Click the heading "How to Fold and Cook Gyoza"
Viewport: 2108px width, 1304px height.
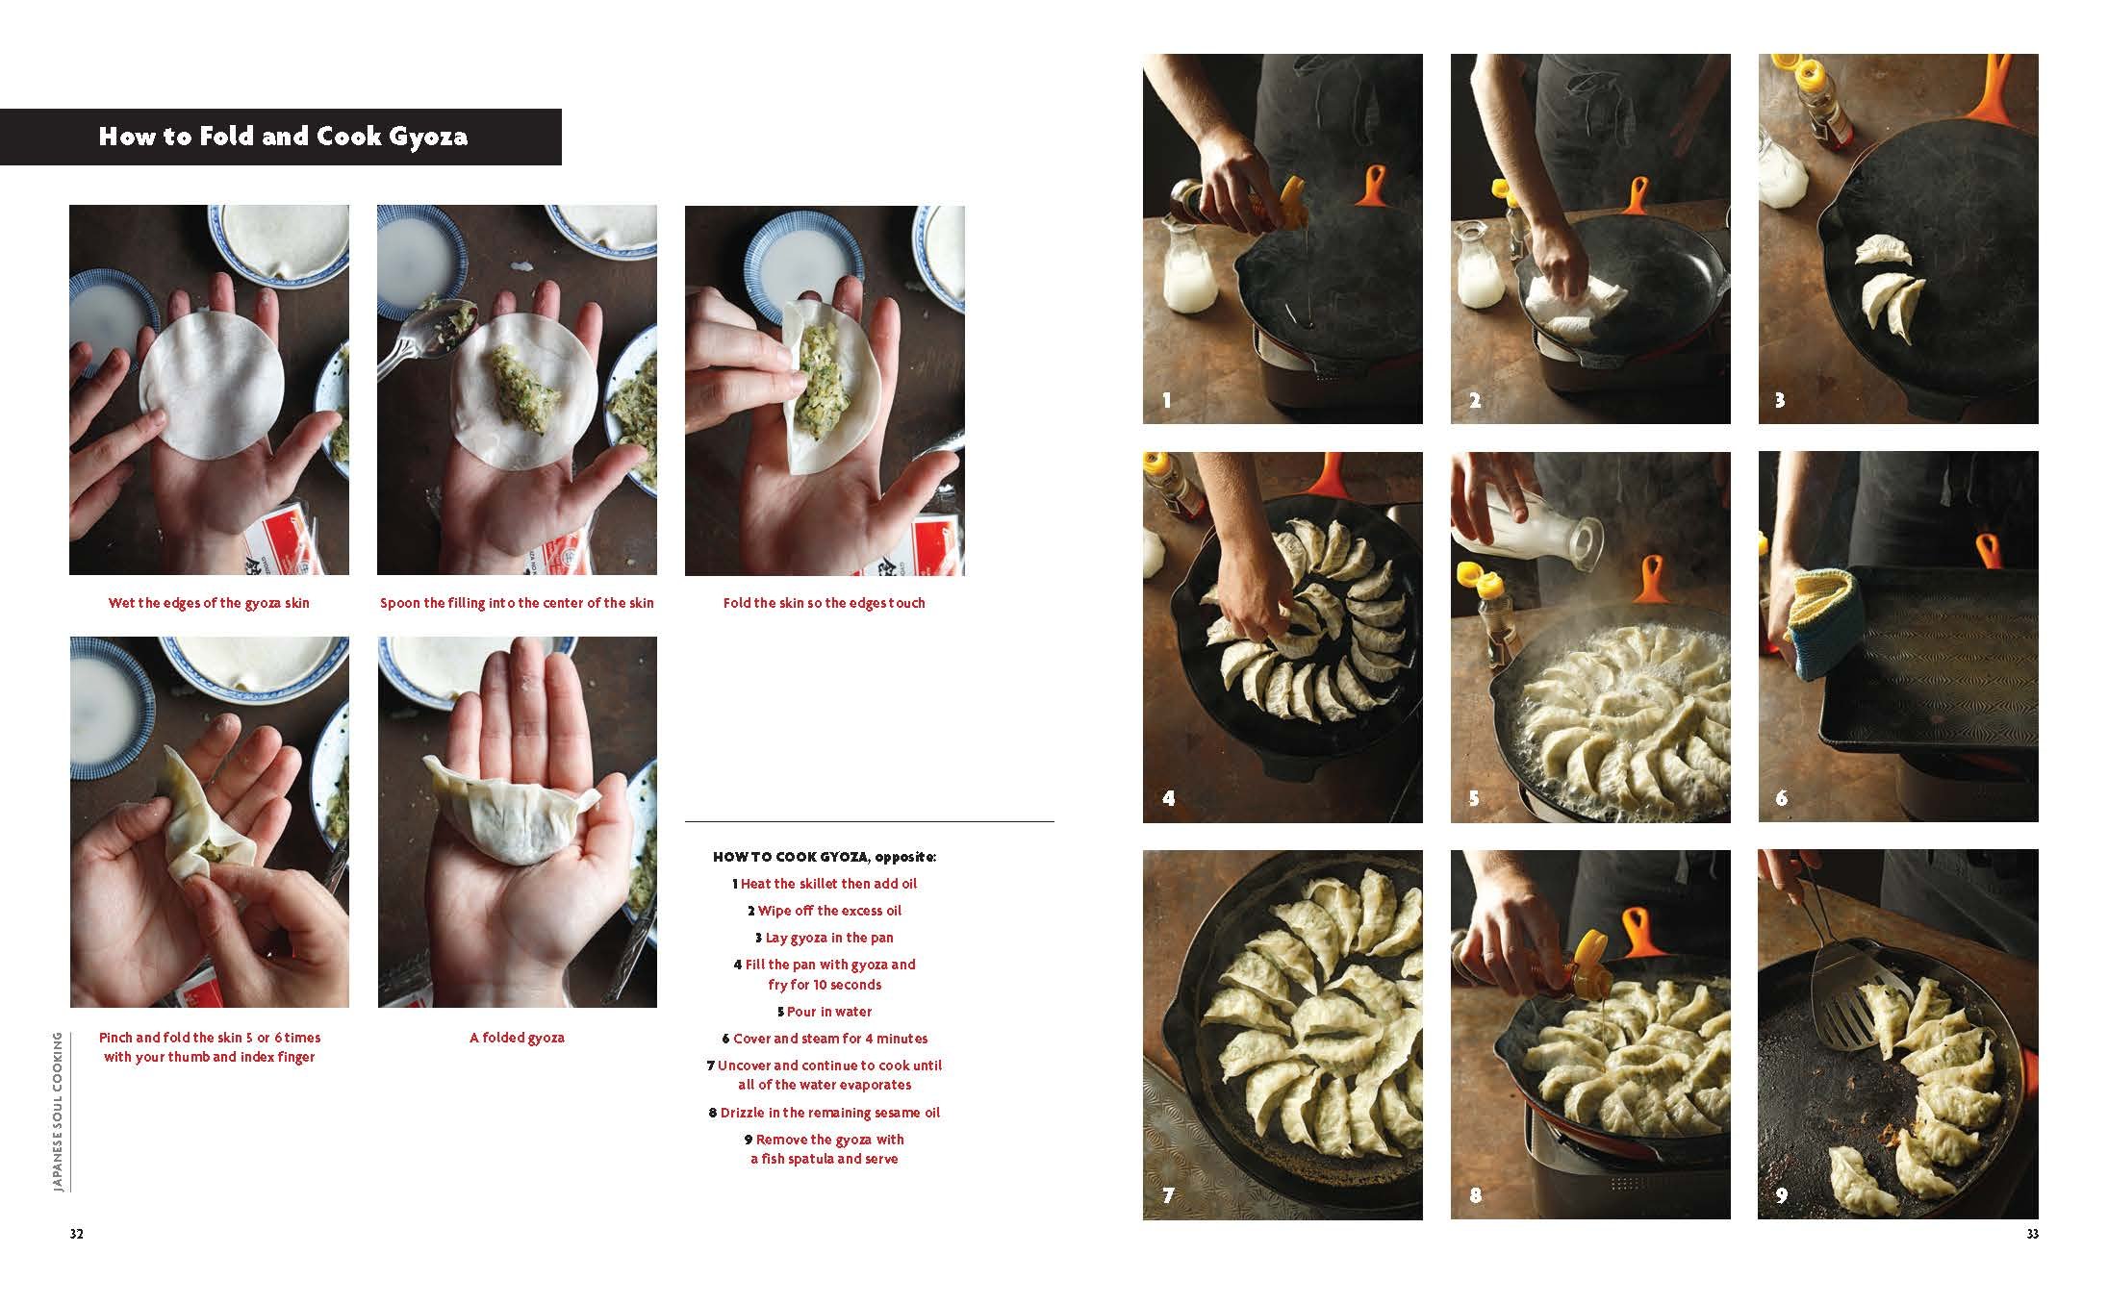click(x=283, y=137)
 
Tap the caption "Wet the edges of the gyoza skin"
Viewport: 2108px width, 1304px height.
click(x=209, y=603)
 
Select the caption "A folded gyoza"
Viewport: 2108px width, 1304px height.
click(x=517, y=1038)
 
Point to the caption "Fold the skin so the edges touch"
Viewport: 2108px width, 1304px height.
click(x=825, y=603)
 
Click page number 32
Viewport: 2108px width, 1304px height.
click(x=76, y=1234)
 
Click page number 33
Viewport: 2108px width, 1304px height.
click(x=2032, y=1234)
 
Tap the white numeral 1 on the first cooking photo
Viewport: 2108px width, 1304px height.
click(x=1167, y=400)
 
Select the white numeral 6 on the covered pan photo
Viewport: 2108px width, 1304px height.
click(x=1782, y=798)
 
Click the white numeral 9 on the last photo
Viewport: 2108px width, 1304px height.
click(x=1782, y=1195)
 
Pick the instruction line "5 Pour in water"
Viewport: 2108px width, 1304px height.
click(x=825, y=1012)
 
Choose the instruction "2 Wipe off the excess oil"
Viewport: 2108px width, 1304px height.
click(x=825, y=911)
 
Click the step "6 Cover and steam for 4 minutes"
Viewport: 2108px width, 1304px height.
click(x=825, y=1039)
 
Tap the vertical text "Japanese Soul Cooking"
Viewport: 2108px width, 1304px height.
click(x=59, y=1112)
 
